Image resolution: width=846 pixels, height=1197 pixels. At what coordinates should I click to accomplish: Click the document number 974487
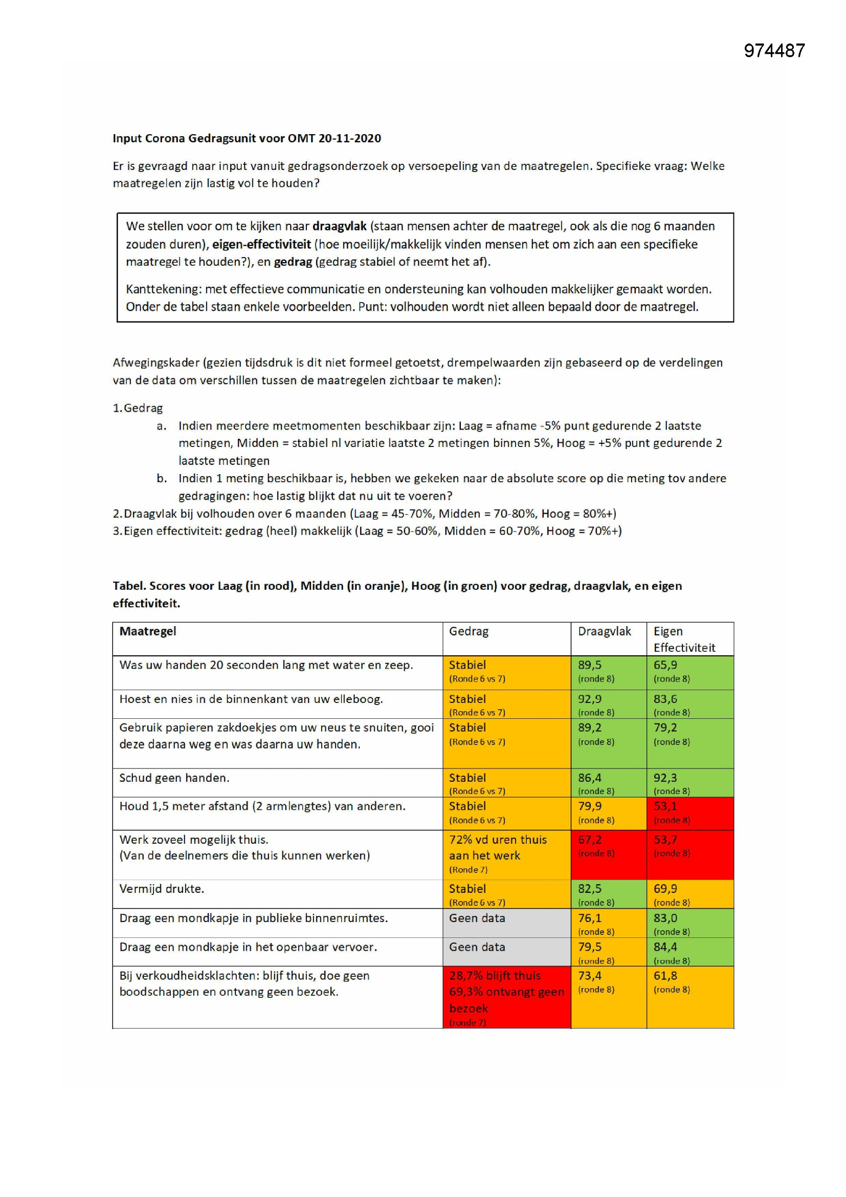774,51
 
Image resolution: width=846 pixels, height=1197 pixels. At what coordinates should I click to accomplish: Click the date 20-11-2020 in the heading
349,138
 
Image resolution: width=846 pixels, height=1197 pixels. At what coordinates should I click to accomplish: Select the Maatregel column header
148,631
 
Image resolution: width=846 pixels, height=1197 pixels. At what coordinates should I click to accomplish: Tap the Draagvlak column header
604,631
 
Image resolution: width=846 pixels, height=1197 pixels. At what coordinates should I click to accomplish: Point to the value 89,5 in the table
590,665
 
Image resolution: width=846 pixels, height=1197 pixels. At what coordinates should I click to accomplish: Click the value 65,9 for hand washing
665,665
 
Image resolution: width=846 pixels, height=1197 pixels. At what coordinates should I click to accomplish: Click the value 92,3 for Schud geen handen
665,778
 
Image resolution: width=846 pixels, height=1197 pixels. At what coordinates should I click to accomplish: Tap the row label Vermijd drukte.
162,889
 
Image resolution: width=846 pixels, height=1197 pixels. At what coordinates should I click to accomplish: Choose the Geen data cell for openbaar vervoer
477,947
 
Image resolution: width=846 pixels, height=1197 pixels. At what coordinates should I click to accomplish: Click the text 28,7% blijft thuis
495,975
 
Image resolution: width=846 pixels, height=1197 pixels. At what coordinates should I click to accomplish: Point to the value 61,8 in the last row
665,975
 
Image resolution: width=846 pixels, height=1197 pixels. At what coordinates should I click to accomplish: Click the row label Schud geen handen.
174,778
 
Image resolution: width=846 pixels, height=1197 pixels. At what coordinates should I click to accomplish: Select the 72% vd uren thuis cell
498,840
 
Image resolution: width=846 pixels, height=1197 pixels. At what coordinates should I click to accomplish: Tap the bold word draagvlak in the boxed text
339,226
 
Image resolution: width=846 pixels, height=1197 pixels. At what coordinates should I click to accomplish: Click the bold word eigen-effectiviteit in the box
261,244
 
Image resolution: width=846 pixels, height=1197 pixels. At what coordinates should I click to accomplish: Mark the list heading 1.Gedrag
138,408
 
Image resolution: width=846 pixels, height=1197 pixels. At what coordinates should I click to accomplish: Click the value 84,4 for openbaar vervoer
665,947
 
